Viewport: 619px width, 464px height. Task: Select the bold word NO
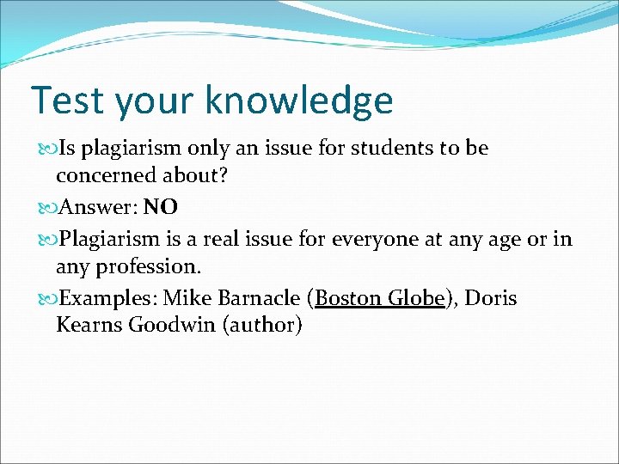coord(161,207)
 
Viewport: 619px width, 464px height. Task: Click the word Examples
coord(108,298)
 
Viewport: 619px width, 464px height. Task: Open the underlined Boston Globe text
coord(380,298)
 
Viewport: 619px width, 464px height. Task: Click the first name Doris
coord(489,298)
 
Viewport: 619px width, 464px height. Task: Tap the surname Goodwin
coord(170,326)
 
